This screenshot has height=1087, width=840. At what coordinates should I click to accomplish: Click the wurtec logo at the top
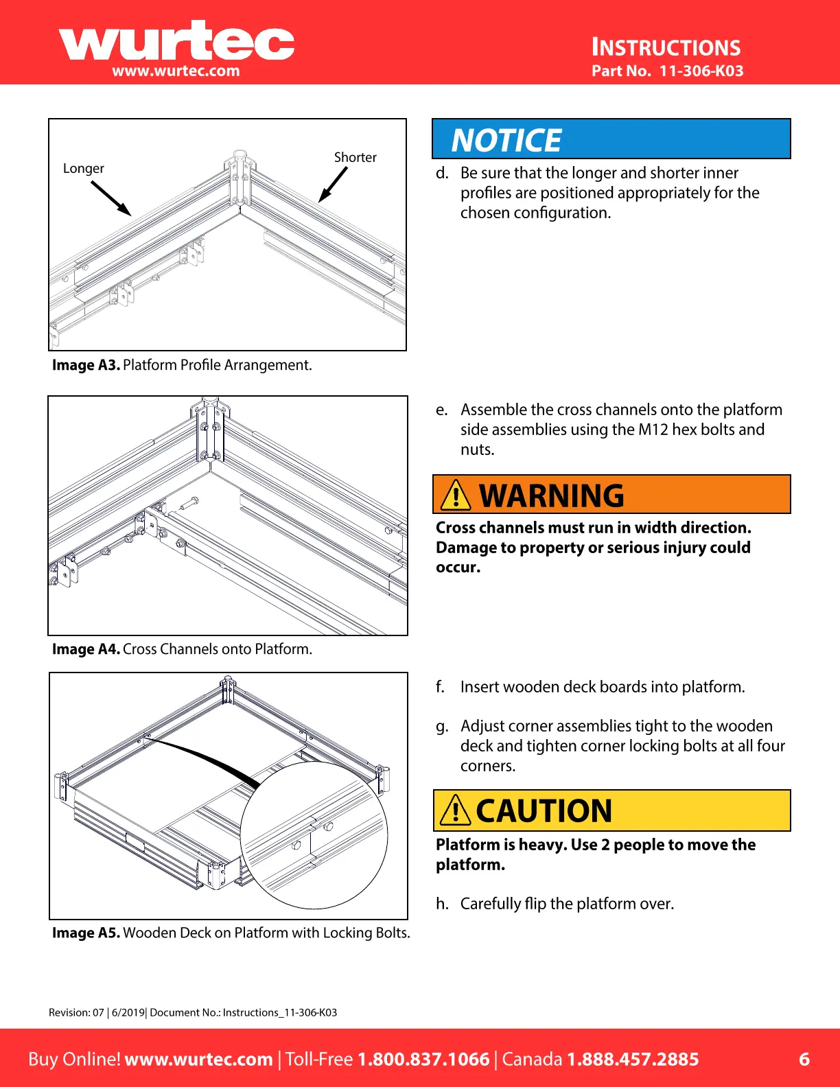(x=176, y=43)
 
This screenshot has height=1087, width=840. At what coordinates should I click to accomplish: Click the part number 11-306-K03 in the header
(x=701, y=71)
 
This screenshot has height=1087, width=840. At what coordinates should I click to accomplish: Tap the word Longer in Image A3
(x=84, y=169)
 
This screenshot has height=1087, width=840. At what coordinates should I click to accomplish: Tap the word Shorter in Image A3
(x=355, y=157)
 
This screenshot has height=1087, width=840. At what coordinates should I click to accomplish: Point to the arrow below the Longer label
(x=110, y=198)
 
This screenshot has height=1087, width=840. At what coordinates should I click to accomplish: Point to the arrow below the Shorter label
(x=333, y=185)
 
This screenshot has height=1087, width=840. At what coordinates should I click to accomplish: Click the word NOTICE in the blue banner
(x=506, y=141)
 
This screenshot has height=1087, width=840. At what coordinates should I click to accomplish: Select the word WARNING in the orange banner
(x=552, y=496)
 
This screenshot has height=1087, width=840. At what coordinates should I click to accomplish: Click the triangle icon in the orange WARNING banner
(x=456, y=495)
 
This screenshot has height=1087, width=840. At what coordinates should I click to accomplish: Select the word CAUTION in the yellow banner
(x=544, y=811)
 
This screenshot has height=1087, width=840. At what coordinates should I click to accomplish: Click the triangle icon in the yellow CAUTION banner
(x=455, y=810)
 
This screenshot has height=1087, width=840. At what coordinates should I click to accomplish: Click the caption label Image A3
(x=86, y=365)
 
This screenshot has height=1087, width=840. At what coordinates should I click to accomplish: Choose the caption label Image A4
(x=86, y=649)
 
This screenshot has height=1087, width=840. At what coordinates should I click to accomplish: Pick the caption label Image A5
(x=86, y=933)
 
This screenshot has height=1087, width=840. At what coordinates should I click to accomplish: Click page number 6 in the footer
(x=804, y=1059)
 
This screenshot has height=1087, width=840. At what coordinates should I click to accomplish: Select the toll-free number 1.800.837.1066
(x=423, y=1059)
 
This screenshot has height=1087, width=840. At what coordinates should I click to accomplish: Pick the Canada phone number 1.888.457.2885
(x=632, y=1059)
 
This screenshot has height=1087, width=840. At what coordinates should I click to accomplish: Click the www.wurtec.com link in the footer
(x=198, y=1059)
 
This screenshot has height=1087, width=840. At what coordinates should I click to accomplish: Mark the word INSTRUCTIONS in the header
(x=666, y=47)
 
